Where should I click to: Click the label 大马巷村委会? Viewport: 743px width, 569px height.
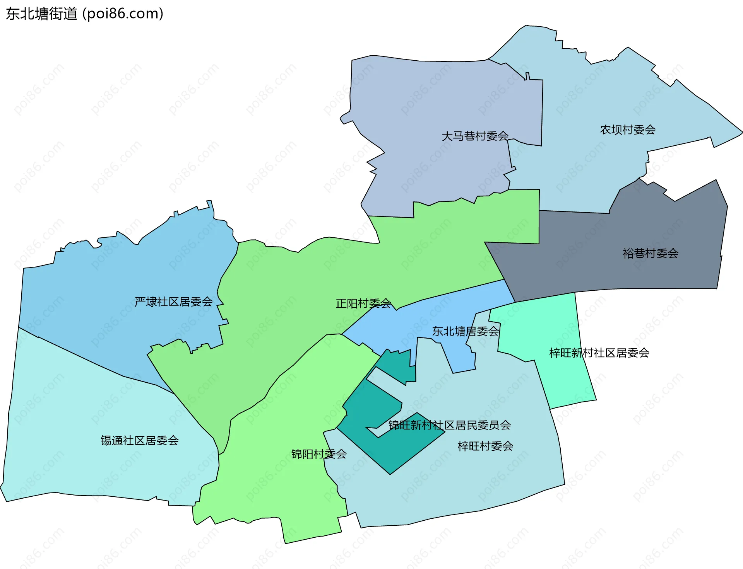[475, 136]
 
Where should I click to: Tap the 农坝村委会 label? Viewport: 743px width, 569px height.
[628, 129]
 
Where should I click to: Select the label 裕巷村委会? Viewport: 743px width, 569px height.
[651, 253]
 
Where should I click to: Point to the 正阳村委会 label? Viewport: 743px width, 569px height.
[363, 303]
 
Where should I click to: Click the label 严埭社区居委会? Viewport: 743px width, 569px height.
[174, 302]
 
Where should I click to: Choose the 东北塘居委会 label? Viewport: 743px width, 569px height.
[466, 331]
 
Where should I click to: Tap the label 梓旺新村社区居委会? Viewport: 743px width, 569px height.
[599, 353]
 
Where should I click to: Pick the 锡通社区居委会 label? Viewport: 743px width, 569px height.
[140, 440]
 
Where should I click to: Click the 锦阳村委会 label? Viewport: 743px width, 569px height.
[319, 454]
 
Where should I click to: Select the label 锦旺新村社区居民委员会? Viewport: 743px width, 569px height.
[449, 425]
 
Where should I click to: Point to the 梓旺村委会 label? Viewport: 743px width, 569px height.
[485, 446]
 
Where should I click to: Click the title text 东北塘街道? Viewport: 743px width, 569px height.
[42, 14]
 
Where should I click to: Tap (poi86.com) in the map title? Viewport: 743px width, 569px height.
[123, 14]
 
